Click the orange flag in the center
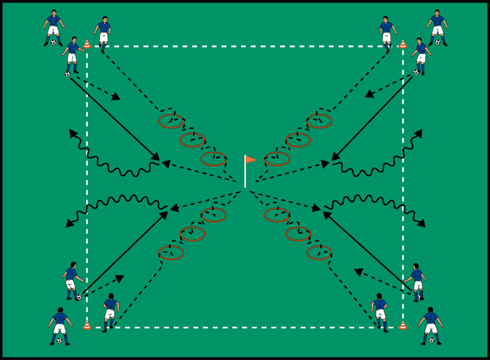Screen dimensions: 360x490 [x=250, y=160]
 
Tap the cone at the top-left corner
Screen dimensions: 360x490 [x=87, y=44]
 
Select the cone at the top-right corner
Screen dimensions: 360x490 [x=403, y=44]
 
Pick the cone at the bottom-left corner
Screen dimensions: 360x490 [x=87, y=325]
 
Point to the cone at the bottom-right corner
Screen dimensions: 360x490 [x=403, y=325]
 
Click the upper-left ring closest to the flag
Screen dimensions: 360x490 [x=214, y=159]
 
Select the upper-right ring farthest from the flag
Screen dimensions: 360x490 [x=319, y=121]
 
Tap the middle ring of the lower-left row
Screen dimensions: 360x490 [x=193, y=233]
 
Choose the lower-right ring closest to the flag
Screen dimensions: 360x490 [x=277, y=215]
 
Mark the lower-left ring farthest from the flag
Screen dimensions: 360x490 [x=171, y=253]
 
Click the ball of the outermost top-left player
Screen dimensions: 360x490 [x=53, y=43]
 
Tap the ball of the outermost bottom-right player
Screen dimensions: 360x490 [x=431, y=341]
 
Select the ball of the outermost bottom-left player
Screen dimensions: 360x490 [x=59, y=341]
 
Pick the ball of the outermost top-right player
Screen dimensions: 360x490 [x=438, y=42]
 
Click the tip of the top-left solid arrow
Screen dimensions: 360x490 [x=160, y=160]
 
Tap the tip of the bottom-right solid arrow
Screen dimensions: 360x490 [x=324, y=211]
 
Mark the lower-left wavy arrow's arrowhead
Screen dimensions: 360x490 [x=67, y=225]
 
